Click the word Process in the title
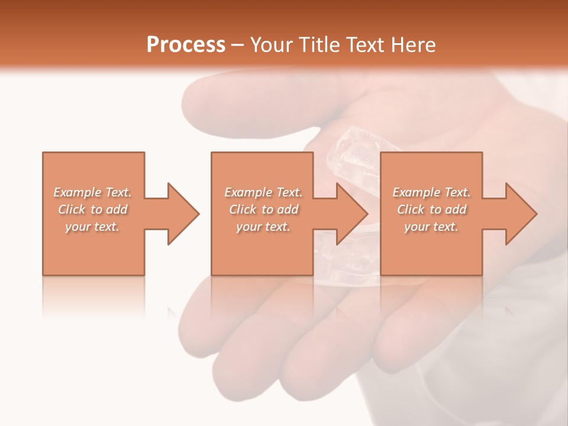pyautogui.click(x=186, y=45)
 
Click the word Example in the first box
pyautogui.click(x=78, y=192)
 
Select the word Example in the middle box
pyautogui.click(x=248, y=192)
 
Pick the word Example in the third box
pyautogui.click(x=416, y=192)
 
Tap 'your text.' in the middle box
pyautogui.click(x=263, y=227)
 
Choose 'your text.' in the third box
pyautogui.click(x=431, y=227)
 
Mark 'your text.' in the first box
pyautogui.click(x=92, y=227)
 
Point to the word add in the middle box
pyautogui.click(x=288, y=209)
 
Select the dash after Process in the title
pyautogui.click(x=237, y=45)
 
